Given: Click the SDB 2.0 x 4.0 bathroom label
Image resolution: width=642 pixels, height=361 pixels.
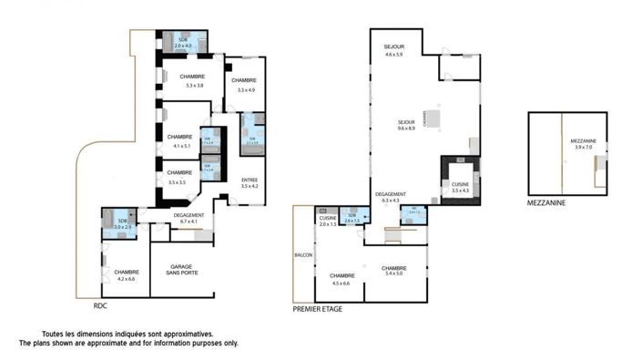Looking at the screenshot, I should coord(184,43).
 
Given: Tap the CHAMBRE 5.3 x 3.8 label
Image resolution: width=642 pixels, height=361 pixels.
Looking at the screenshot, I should coord(192,80).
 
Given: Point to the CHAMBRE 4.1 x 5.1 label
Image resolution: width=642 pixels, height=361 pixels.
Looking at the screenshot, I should coord(180,140).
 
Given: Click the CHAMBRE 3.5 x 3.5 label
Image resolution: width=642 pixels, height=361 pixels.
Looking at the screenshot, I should coord(179,177).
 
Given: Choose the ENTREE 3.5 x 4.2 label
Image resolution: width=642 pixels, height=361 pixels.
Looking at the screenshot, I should coord(250,183).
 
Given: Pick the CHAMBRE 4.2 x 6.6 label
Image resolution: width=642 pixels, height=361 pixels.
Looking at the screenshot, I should coord(127,274).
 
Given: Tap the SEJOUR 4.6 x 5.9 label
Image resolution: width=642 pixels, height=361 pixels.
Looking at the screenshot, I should coord(393,51).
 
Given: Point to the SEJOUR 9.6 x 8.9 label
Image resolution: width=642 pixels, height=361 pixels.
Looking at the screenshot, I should coord(406,125).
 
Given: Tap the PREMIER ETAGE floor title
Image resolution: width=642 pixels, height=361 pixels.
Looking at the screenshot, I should coord(319,309).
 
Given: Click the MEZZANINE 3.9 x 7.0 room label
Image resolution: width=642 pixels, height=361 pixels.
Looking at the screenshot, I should coord(582,144).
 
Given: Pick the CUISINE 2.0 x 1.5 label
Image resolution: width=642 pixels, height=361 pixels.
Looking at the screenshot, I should coord(328,220).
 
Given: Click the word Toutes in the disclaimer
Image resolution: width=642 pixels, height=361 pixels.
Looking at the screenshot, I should coord(53,334).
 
